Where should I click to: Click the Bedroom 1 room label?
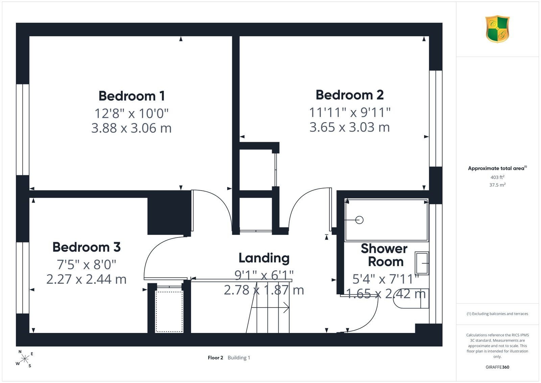point(132,96)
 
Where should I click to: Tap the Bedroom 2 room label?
point(350,95)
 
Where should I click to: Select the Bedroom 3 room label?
point(87,247)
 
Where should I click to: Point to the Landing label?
point(264,258)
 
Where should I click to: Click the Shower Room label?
point(385,255)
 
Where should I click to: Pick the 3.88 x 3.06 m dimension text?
point(132,128)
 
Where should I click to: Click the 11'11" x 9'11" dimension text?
point(350,112)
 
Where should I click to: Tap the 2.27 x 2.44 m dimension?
point(86,279)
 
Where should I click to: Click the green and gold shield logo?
point(497,29)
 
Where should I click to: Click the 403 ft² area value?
point(497,177)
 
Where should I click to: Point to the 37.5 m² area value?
point(497,185)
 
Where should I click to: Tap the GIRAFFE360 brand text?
point(497,367)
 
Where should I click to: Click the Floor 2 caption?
point(215,358)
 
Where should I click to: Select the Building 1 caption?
point(239,358)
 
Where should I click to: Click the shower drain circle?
point(359,220)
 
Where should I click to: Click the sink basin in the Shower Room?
point(422,263)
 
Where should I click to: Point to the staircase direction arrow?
point(270,308)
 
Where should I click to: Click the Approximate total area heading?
point(497,168)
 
